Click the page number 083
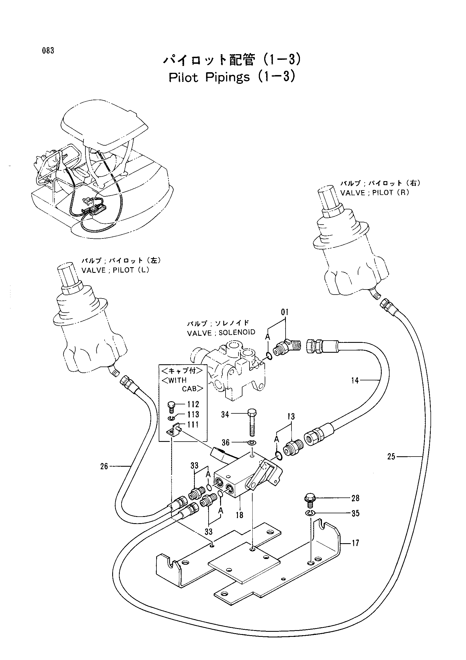tap(48, 51)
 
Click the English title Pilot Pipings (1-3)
tap(232, 77)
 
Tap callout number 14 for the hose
tap(355, 381)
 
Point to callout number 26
tap(104, 466)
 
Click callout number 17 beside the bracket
tap(355, 543)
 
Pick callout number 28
tap(355, 498)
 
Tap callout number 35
tap(355, 513)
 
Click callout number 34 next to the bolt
tap(225, 415)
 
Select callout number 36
tap(226, 442)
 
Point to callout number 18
tap(240, 515)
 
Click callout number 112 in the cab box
tap(193, 404)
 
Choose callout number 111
tap(193, 425)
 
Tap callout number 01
tap(284, 312)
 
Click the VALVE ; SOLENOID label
tap(221, 333)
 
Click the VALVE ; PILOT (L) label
tap(115, 271)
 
